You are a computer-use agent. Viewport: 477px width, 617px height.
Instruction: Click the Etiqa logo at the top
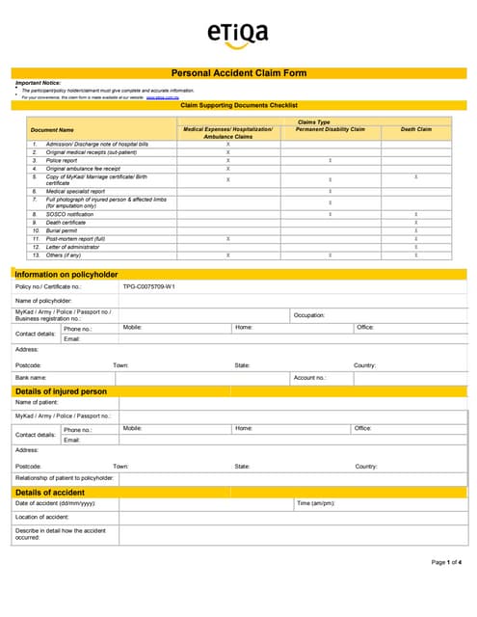tap(237, 35)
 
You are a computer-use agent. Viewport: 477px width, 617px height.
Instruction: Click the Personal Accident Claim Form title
tap(238, 73)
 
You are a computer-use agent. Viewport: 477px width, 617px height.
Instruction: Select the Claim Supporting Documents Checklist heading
tap(239, 104)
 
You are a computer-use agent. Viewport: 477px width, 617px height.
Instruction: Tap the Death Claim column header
tap(416, 129)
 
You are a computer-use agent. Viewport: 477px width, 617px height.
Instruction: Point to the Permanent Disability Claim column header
tap(331, 129)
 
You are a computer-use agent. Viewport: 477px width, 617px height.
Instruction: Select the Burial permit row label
tap(64, 230)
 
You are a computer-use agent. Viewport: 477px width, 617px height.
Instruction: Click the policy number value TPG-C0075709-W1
tap(148, 287)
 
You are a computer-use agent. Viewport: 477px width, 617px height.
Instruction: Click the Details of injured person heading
tap(61, 391)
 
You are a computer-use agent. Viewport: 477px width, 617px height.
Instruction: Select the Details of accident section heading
tap(50, 493)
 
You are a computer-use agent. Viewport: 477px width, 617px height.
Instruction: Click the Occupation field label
tap(309, 315)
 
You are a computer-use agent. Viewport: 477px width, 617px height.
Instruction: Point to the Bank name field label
tap(33, 378)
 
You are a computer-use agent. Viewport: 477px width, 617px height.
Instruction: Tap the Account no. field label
tap(310, 378)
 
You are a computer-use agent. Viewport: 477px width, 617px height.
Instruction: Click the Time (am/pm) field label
tap(315, 503)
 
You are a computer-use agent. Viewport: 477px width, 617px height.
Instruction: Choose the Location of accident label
tap(41, 517)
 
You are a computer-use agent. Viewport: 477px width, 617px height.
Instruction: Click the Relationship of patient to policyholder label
tap(64, 478)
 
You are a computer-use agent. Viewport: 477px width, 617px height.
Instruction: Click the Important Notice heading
tap(38, 83)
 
